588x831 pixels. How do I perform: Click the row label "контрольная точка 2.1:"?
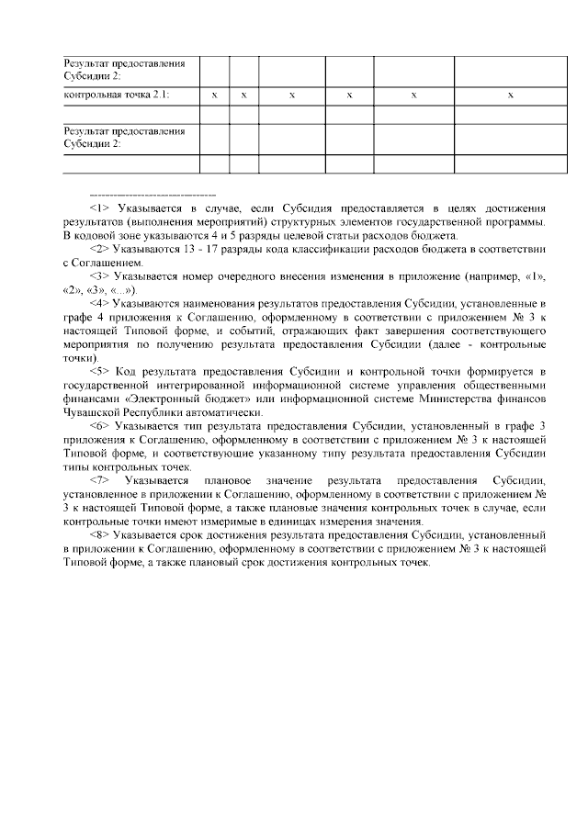tap(116, 95)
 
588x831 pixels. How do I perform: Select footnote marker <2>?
tap(100, 249)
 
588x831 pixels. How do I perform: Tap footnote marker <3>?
tap(100, 275)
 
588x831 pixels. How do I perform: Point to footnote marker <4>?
tap(100, 301)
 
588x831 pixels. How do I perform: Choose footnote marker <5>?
tap(101, 371)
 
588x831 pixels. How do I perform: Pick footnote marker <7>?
tap(101, 481)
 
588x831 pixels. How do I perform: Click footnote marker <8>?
tap(100, 534)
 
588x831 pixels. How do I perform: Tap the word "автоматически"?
tap(221, 412)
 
